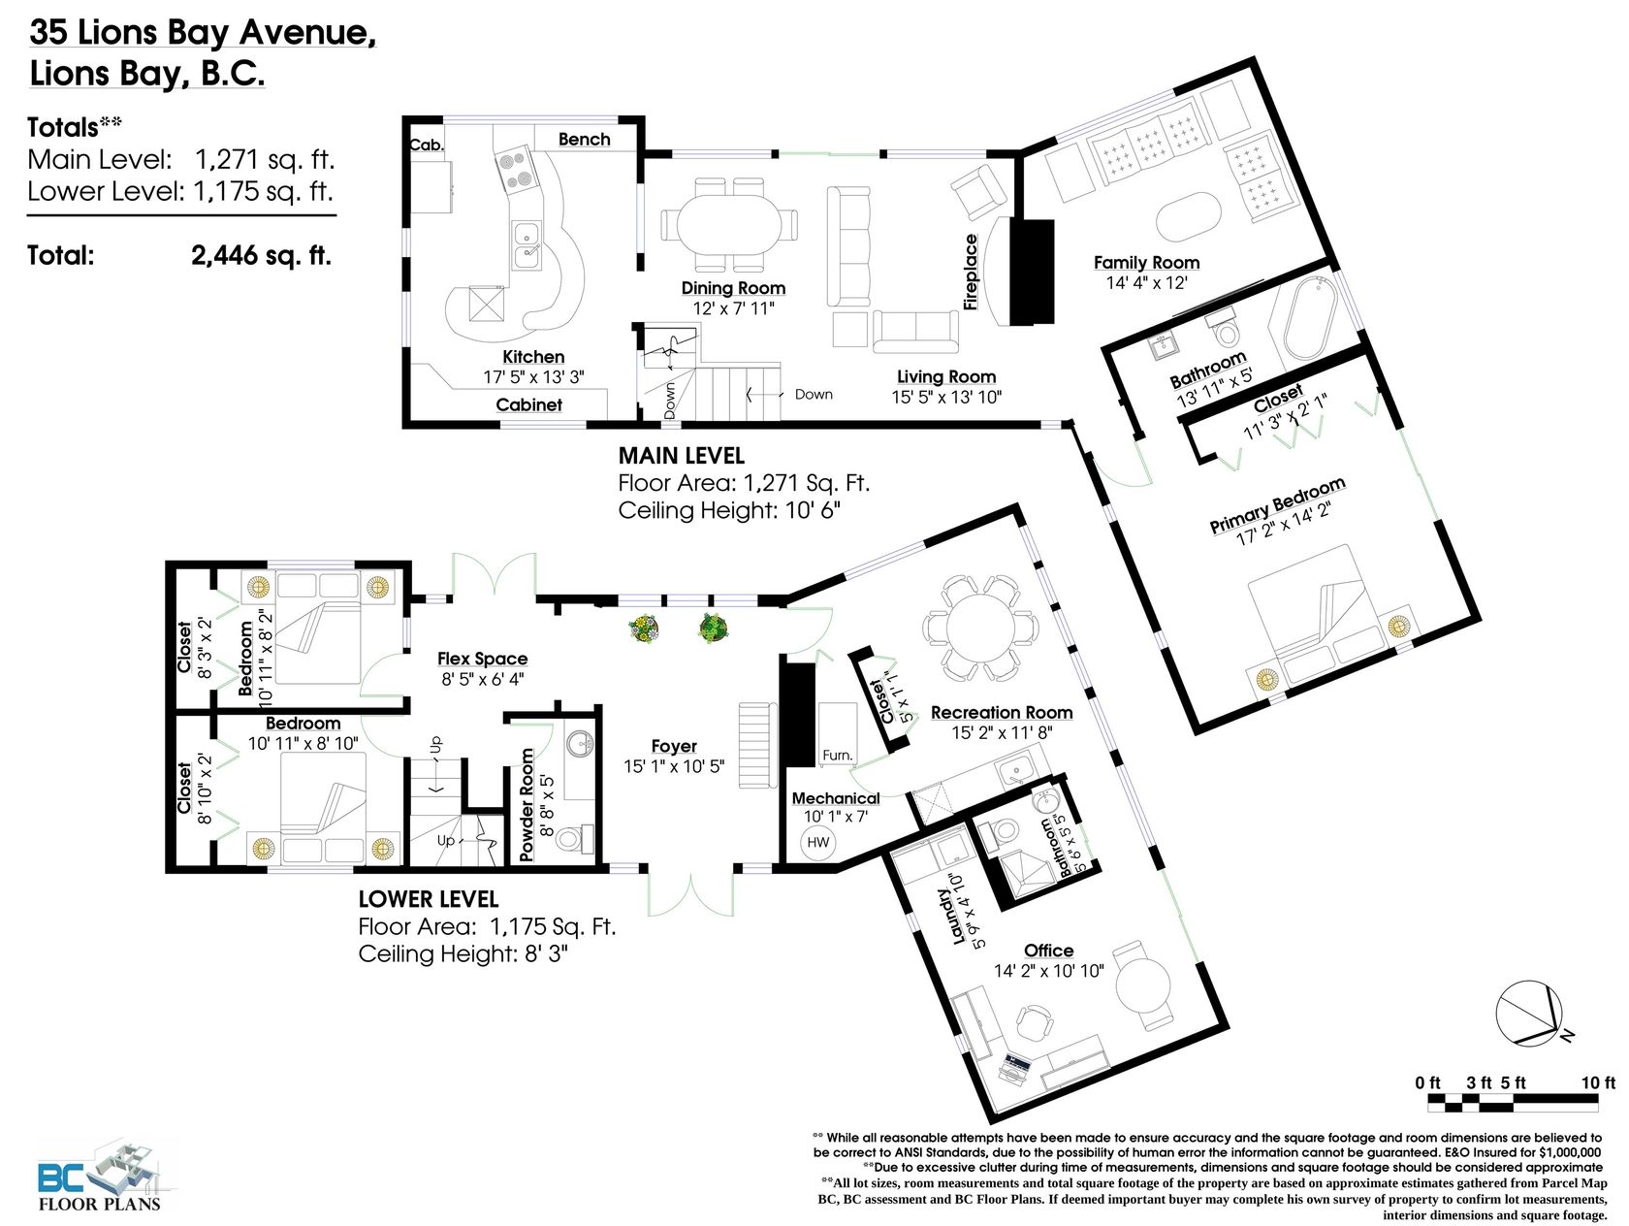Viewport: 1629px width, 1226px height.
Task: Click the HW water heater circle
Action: click(x=817, y=842)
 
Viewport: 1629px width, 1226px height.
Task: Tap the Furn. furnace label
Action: click(x=837, y=756)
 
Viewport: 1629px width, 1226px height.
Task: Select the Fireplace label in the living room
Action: click(x=970, y=272)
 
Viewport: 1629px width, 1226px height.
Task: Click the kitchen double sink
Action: click(x=527, y=244)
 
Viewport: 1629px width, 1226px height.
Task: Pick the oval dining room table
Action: click(x=729, y=223)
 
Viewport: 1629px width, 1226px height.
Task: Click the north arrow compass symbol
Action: click(x=1529, y=1014)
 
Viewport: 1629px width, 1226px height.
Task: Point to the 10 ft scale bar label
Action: click(x=1598, y=1082)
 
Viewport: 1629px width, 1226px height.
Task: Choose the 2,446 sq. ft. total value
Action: click(x=261, y=255)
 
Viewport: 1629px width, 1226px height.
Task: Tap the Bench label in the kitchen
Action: click(x=584, y=139)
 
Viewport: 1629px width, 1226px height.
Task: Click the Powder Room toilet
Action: click(x=574, y=839)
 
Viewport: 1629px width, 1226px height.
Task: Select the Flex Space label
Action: click(x=482, y=659)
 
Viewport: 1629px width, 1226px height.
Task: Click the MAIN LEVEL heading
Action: click(x=682, y=455)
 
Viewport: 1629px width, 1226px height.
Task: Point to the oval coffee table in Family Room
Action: click(x=1188, y=216)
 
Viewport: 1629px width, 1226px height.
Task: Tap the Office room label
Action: click(x=1048, y=951)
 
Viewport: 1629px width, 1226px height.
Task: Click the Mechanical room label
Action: click(x=836, y=798)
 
